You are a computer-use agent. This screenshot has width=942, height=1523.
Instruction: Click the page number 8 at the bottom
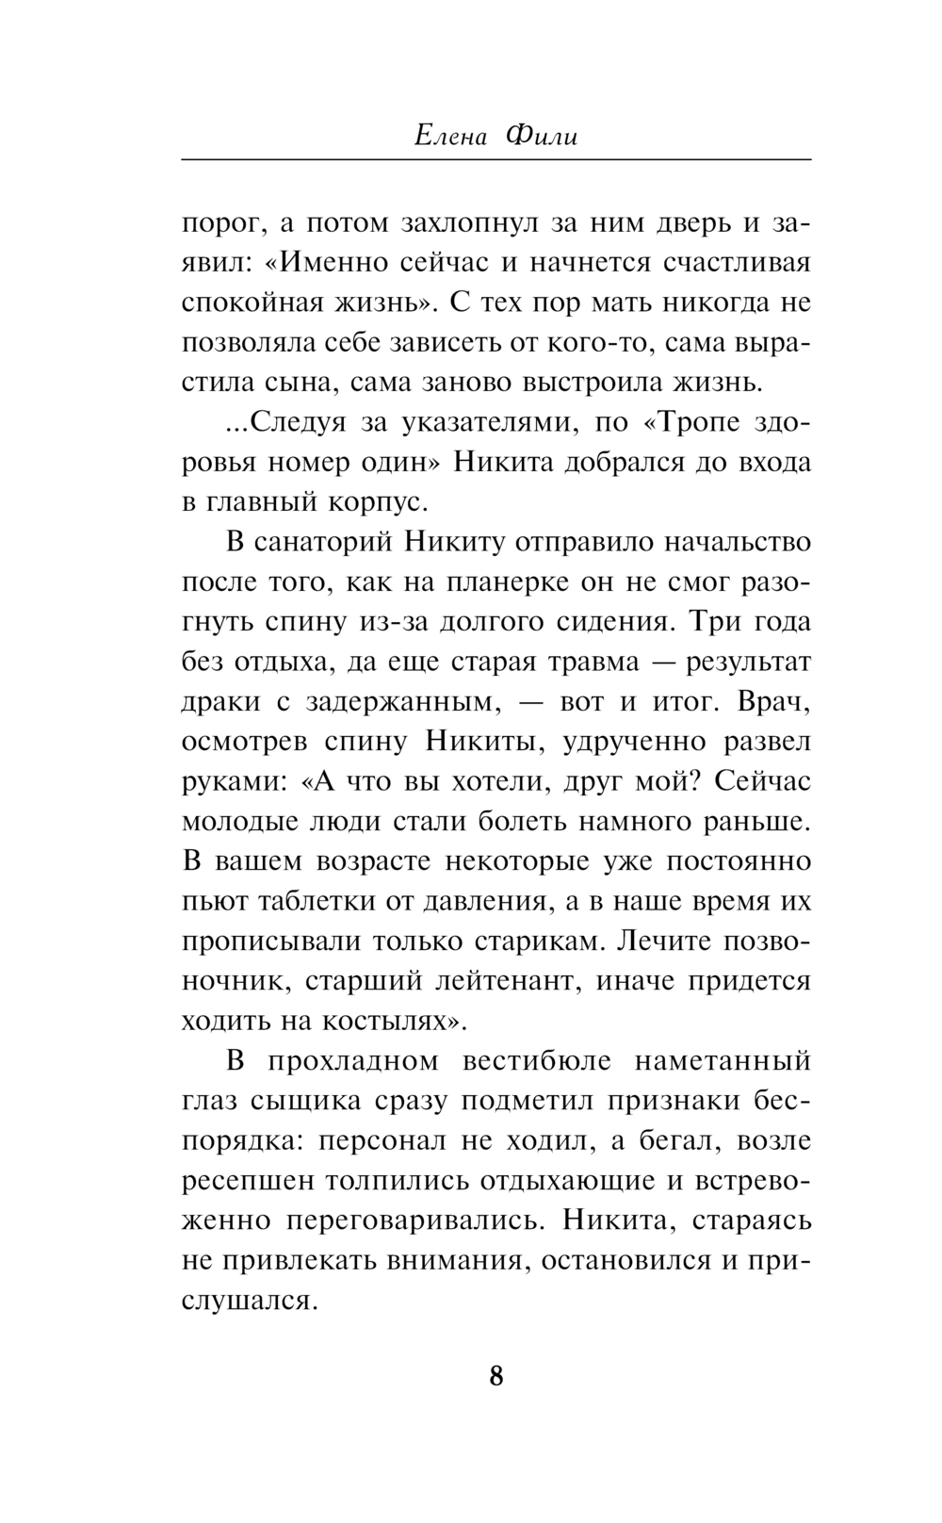click(496, 1376)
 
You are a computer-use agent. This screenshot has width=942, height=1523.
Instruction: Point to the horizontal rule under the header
click(495, 159)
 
